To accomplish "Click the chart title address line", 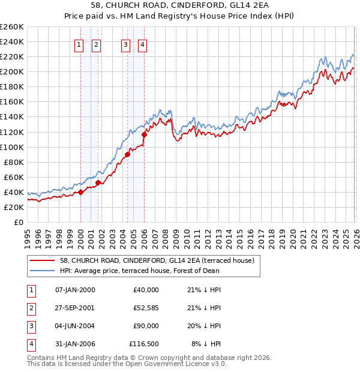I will (x=180, y=6).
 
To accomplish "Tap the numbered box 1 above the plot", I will (x=79, y=44).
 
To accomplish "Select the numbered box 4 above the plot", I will (x=142, y=44).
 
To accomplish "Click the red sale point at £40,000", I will (x=80, y=192).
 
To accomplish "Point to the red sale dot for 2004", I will (x=127, y=154).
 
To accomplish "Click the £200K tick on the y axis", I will (x=12, y=71).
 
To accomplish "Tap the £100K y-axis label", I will (x=12, y=147).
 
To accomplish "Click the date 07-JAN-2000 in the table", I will (x=75, y=289).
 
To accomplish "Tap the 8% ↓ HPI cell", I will (x=206, y=344).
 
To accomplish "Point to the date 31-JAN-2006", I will (x=75, y=344).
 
